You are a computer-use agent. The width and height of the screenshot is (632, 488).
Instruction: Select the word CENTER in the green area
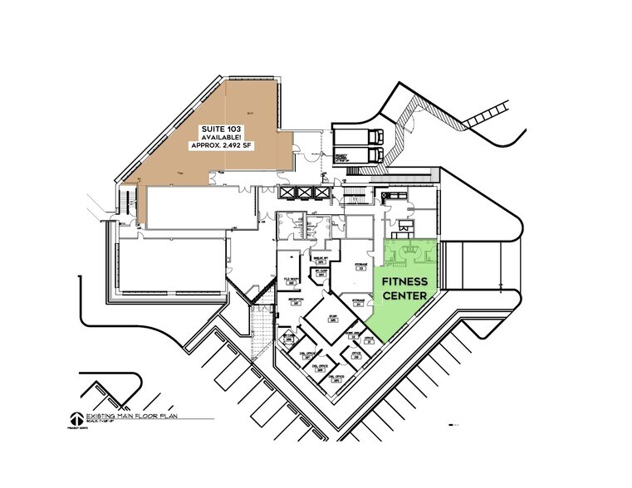[x=404, y=295]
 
